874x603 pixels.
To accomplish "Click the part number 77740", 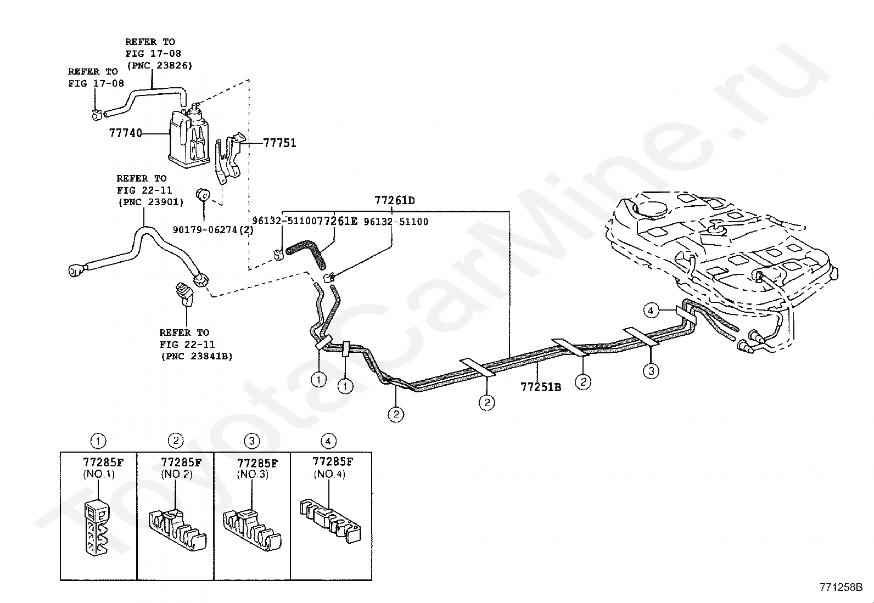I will point(126,133).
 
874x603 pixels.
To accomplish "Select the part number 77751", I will point(279,143).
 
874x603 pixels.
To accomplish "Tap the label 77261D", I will point(395,200).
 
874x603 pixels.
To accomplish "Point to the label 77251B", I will point(541,387).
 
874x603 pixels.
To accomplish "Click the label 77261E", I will point(338,221).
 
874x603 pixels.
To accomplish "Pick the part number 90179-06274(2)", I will point(213,230).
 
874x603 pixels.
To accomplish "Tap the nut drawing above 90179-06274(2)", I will point(203,194).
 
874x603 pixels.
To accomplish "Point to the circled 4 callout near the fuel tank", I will point(651,311).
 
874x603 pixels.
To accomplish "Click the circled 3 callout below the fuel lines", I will point(651,371).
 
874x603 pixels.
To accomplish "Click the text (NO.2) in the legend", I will point(176,474).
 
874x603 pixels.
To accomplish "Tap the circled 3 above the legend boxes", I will point(251,441).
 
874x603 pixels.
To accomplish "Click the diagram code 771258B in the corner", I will point(842,587).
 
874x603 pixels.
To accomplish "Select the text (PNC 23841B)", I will point(197,356).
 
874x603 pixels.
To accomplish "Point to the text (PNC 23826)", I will point(159,65).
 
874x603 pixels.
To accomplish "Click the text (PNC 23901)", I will point(150,202).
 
